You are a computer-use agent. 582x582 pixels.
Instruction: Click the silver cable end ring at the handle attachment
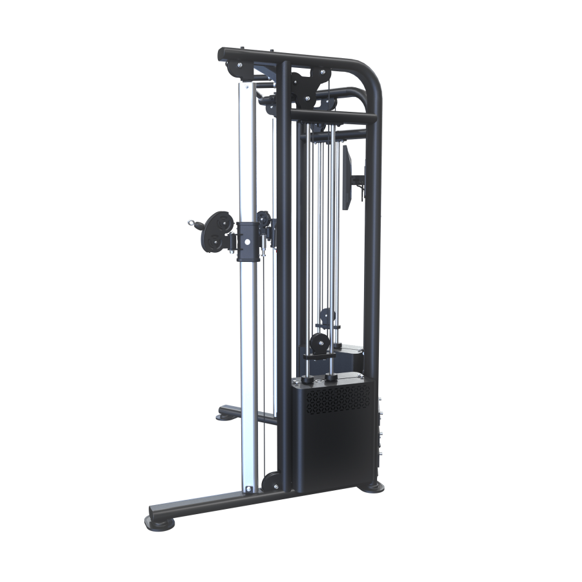pos(191,223)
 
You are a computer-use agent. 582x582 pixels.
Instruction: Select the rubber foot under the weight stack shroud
pos(373,486)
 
